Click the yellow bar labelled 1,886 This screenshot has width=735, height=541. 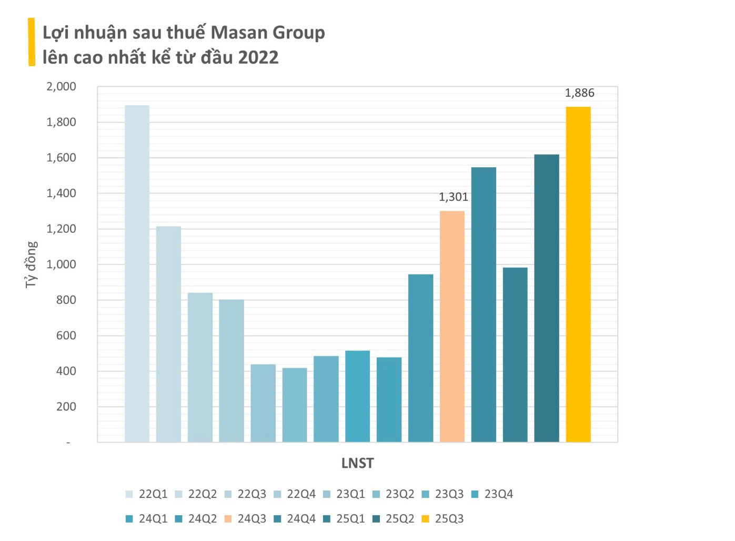578,273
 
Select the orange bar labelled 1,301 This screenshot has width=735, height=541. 452,326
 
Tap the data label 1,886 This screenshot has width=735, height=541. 579,93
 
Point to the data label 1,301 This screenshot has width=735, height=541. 453,197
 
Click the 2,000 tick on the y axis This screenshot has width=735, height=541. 61,87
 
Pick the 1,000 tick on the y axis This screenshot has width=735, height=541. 61,264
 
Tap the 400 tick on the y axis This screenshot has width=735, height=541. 66,371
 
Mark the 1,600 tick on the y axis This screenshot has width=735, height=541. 61,158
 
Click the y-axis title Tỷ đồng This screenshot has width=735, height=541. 32,264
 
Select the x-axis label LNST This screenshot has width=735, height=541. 357,463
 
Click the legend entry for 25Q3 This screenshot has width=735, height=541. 443,519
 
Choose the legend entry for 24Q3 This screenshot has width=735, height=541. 246,519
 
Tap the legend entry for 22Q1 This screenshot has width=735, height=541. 147,494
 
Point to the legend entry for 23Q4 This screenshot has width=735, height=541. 492,494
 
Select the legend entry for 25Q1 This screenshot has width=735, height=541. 345,519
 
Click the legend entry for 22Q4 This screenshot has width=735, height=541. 295,494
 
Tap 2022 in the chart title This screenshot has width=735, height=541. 258,57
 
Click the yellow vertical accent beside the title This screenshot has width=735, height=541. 32,42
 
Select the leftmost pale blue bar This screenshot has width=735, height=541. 137,273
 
